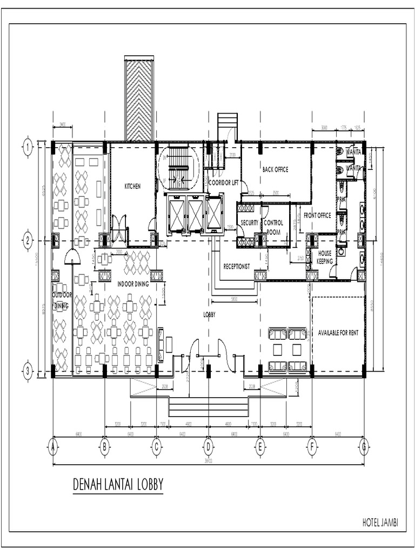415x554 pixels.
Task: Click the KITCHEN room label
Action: [x=132, y=186]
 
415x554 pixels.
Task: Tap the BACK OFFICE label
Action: [x=275, y=169]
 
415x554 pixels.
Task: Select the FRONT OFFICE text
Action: [x=317, y=215]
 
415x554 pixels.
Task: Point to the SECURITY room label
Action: [x=250, y=222]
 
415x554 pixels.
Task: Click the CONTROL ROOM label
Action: [x=273, y=226]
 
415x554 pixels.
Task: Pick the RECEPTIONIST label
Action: [x=236, y=266]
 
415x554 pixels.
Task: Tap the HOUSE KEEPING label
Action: [x=324, y=256]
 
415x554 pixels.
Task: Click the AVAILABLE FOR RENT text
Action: [x=338, y=333]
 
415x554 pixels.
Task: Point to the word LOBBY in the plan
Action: [x=210, y=314]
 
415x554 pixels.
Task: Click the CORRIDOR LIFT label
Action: [x=224, y=183]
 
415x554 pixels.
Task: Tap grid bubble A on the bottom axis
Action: [x=52, y=447]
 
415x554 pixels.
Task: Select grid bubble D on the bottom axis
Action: [x=208, y=447]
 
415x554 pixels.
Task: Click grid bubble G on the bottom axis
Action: [x=364, y=447]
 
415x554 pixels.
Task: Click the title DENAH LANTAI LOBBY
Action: [x=118, y=485]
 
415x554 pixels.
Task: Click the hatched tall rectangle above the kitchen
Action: [x=139, y=98]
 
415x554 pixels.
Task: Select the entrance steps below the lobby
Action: [x=208, y=407]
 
